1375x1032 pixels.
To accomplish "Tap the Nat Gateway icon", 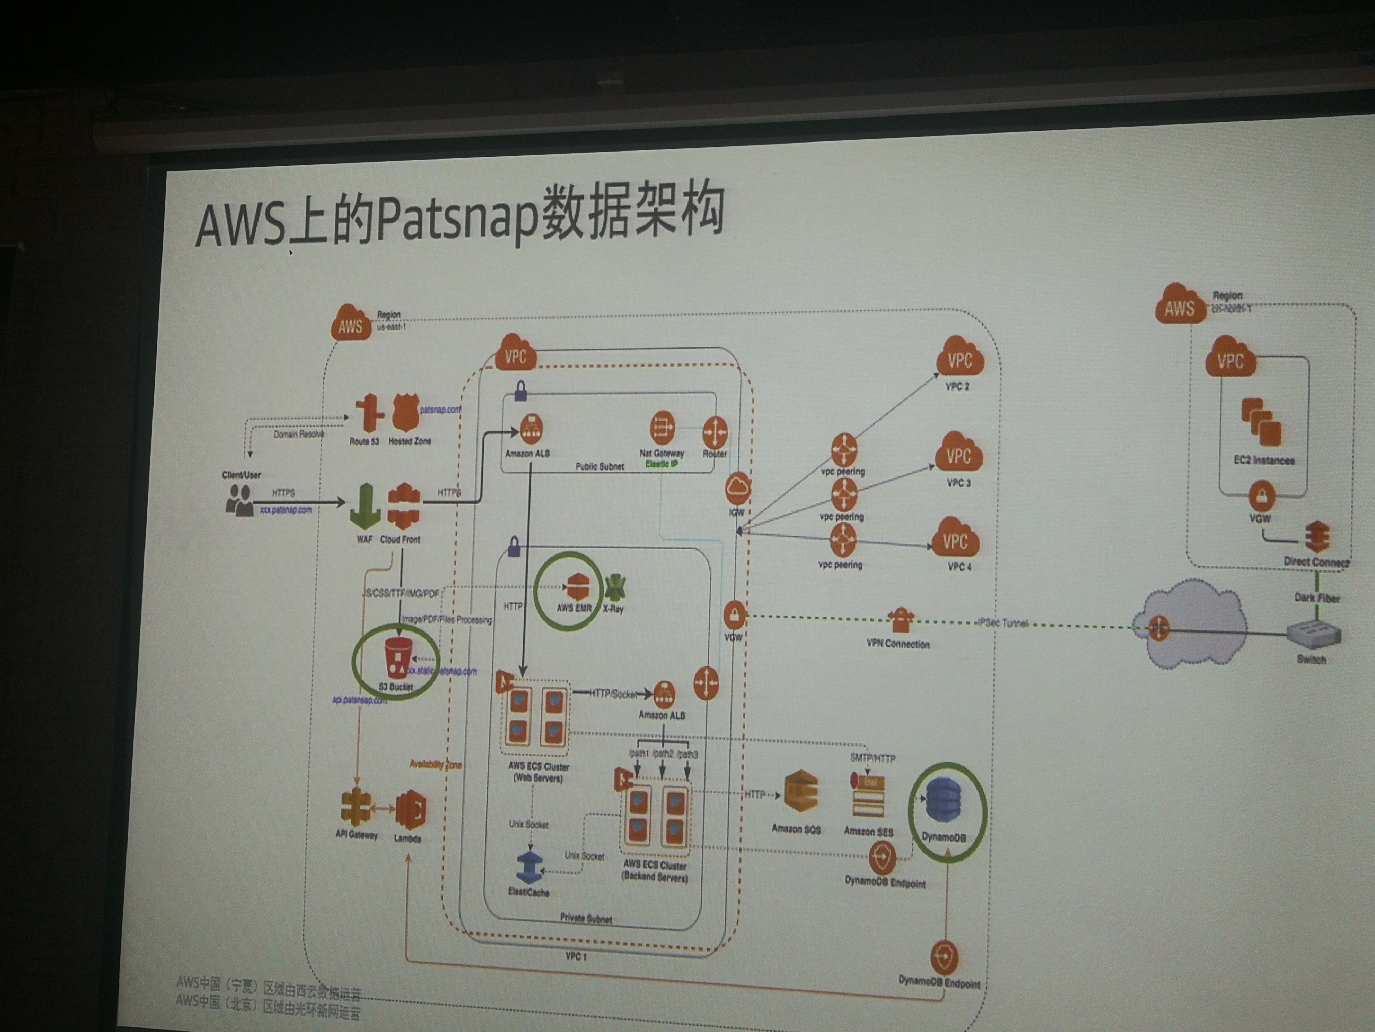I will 662,428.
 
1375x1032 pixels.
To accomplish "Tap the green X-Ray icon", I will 615,587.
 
